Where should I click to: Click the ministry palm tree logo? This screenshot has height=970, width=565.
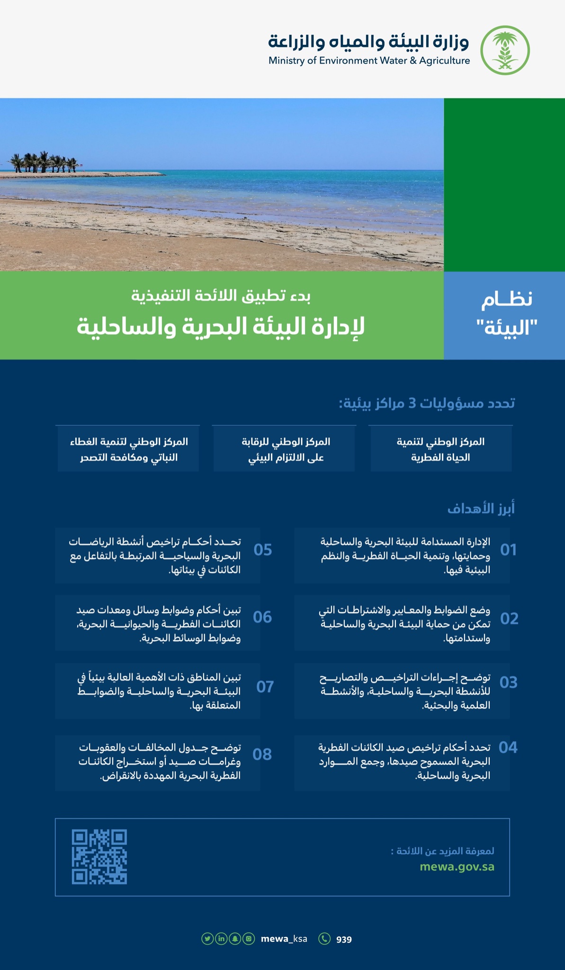pyautogui.click(x=505, y=50)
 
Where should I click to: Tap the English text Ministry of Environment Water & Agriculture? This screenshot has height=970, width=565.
pyautogui.click(x=369, y=61)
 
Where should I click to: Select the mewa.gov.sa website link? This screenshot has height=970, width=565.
pyautogui.click(x=457, y=867)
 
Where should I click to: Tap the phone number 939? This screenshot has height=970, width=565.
pyautogui.click(x=344, y=939)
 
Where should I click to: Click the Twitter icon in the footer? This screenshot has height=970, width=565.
pyautogui.click(x=207, y=938)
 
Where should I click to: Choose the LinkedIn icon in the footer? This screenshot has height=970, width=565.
pyautogui.click(x=221, y=938)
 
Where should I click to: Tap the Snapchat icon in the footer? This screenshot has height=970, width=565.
pyautogui.click(x=235, y=938)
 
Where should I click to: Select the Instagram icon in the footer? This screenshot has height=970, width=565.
pyautogui.click(x=249, y=938)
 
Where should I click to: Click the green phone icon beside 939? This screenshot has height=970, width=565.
pyautogui.click(x=324, y=938)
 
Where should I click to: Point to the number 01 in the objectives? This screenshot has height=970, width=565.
pyautogui.click(x=508, y=550)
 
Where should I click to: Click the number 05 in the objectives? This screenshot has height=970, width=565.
pyautogui.click(x=263, y=550)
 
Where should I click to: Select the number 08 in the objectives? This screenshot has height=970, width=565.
pyautogui.click(x=262, y=754)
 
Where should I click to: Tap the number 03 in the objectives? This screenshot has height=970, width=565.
pyautogui.click(x=508, y=683)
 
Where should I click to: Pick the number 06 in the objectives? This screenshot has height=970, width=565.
pyautogui.click(x=262, y=617)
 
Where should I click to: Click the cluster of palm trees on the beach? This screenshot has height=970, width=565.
pyautogui.click(x=44, y=163)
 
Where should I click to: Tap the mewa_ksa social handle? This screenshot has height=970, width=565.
pyautogui.click(x=284, y=939)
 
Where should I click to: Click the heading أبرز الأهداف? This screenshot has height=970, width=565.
pyautogui.click(x=481, y=509)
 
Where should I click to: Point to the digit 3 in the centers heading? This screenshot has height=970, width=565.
pyautogui.click(x=412, y=404)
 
